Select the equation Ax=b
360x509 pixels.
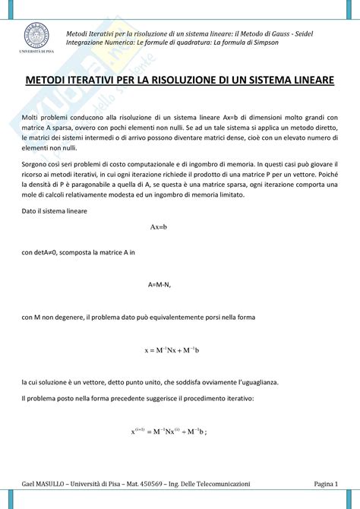(x=159, y=227)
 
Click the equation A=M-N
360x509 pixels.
(x=159, y=284)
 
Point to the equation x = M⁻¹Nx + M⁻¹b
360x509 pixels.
(x=172, y=349)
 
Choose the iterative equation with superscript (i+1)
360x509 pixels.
(x=169, y=432)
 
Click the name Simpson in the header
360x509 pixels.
(x=262, y=42)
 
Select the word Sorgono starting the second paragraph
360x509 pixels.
(x=36, y=163)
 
